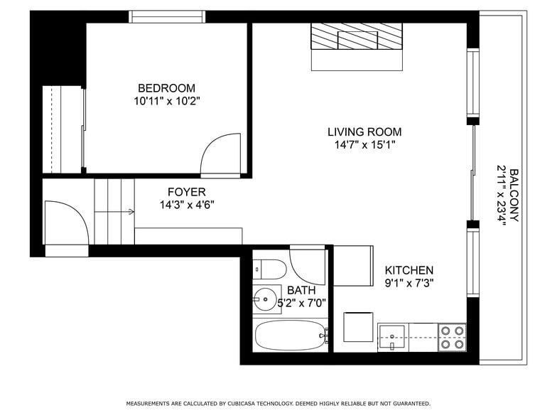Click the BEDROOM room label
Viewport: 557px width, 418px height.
pos(166,88)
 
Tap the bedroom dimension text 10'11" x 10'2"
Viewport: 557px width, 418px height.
pos(167,101)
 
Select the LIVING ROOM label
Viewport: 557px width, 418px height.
pos(364,132)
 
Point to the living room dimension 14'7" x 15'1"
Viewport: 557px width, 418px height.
pos(365,145)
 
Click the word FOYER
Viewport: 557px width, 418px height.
pos(186,192)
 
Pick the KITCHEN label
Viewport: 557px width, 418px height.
pos(409,270)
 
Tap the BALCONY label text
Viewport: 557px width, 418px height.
pos(514,195)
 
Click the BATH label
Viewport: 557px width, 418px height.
pos(301,290)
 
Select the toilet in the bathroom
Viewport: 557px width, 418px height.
pos(270,269)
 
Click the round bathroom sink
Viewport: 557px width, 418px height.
pos(265,299)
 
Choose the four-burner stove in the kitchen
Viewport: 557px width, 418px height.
pos(452,337)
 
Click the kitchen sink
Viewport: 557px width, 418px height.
pos(392,337)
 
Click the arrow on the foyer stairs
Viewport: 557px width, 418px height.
pos(114,212)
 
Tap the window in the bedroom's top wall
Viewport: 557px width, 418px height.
pos(167,17)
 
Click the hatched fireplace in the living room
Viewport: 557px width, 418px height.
pos(357,36)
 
